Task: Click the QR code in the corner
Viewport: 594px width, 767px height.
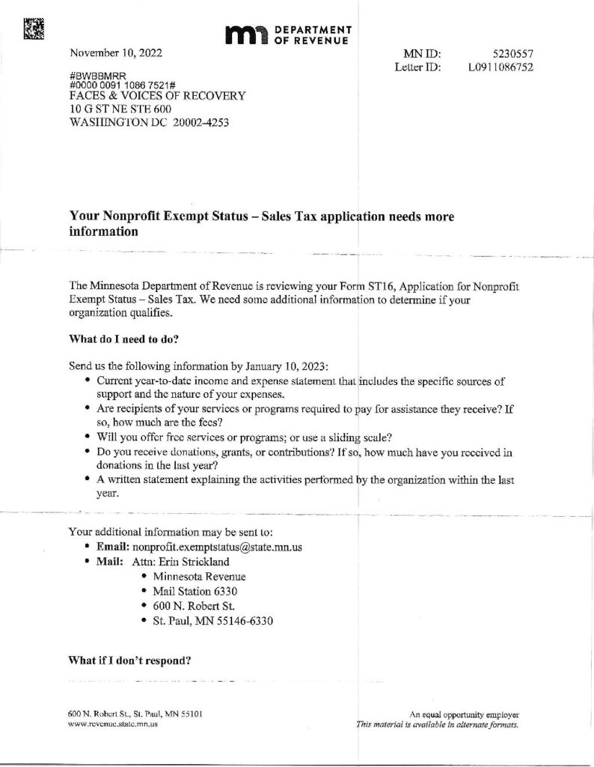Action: [34, 28]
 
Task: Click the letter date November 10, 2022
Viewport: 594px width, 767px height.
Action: [115, 53]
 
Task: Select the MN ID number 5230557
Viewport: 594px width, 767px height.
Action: [512, 54]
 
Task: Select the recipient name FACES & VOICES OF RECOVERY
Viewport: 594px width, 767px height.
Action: [157, 96]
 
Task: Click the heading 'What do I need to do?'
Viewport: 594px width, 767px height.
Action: [124, 338]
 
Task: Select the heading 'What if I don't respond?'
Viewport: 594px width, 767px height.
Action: [130, 661]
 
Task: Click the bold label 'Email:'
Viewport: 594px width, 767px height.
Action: [113, 548]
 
